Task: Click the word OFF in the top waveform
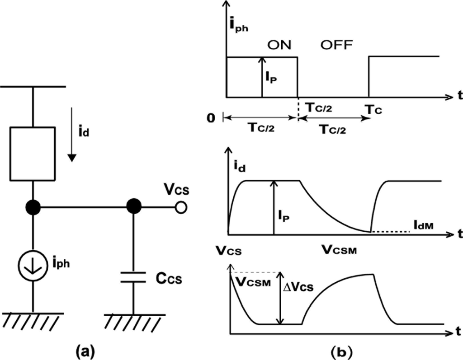[x=337, y=45]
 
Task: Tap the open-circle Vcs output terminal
[x=181, y=207]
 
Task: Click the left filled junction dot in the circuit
[x=33, y=207]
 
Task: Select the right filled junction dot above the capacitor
[x=133, y=207]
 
